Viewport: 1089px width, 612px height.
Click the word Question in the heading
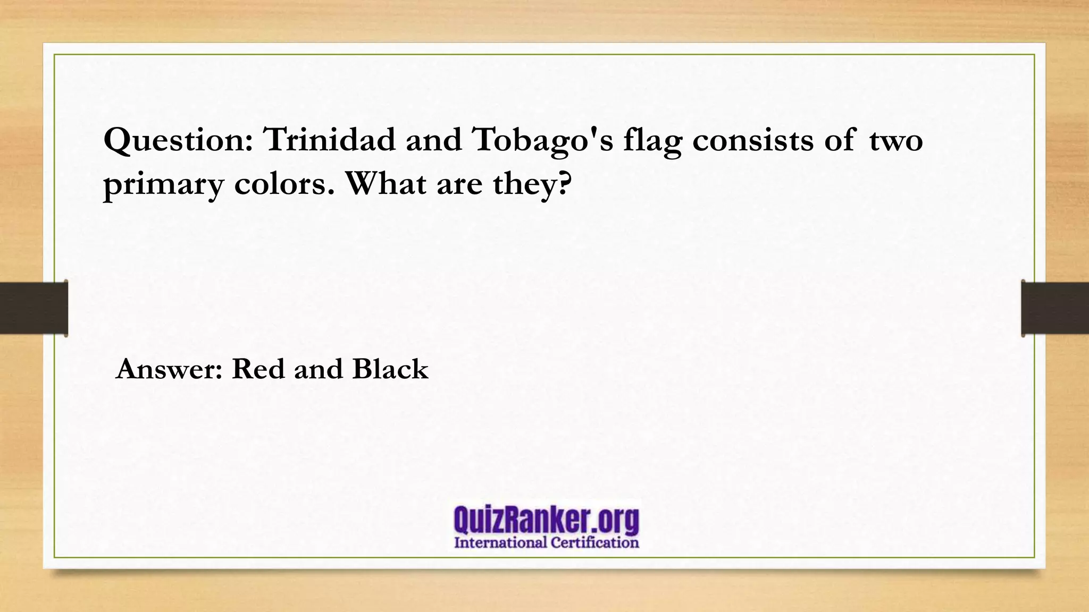[179, 141]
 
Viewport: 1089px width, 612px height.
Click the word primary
[164, 185]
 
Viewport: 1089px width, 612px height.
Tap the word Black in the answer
[390, 369]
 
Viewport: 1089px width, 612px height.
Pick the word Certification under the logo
[594, 543]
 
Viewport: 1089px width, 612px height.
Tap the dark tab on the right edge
[1055, 308]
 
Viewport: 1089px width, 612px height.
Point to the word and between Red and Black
[319, 369]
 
